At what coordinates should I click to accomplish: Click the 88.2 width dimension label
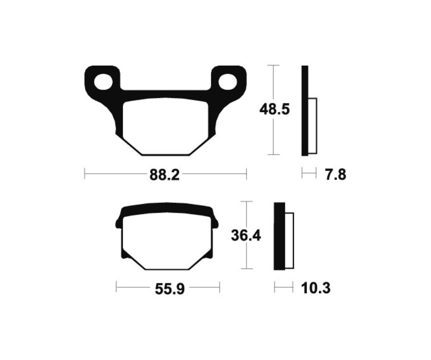tap(164, 175)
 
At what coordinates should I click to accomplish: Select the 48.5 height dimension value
tap(274, 110)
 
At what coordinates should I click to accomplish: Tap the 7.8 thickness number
tap(335, 175)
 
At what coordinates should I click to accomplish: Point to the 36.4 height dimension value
tap(246, 236)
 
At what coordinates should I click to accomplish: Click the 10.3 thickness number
tap(316, 288)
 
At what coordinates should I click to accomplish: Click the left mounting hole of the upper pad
tap(102, 82)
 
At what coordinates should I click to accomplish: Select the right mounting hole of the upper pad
tap(228, 82)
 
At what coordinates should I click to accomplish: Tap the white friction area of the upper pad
tap(165, 127)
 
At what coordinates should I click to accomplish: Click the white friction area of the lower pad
tap(166, 242)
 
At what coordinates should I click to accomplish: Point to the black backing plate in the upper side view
tap(305, 110)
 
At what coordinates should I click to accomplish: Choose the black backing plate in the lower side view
tap(279, 236)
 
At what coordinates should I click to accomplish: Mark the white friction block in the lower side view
tap(289, 239)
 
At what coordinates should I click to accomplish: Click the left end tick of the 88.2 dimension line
tap(85, 173)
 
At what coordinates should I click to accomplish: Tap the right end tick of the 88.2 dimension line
tap(246, 173)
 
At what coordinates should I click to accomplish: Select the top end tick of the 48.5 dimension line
tap(273, 65)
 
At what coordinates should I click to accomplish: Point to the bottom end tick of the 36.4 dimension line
tap(246, 269)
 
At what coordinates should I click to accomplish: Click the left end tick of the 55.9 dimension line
tap(116, 287)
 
